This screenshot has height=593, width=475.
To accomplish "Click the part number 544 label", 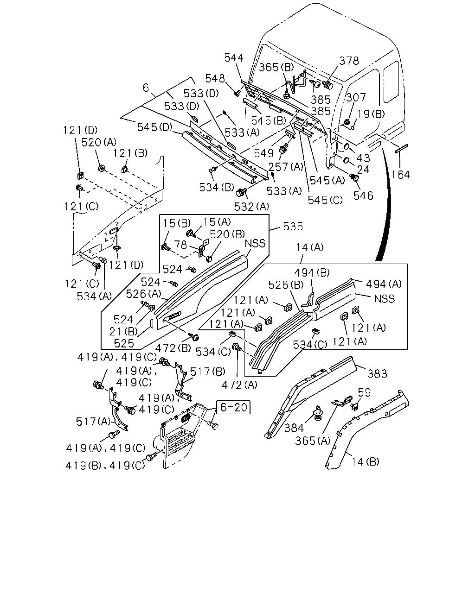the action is pos(234,58).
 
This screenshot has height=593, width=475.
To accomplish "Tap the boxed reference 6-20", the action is pos(233,407).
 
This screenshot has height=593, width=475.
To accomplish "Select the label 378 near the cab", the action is pos(349,61).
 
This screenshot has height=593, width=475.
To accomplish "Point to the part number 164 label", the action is pos(401,175).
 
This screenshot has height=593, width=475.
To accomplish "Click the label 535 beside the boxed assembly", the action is pos(293,226).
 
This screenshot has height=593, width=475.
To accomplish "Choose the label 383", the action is pos(377,374).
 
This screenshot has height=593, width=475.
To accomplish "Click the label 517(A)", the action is pos(93,421).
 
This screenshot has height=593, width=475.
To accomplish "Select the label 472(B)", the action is pos(173,348).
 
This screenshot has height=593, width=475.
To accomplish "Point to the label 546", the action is pos(363,196).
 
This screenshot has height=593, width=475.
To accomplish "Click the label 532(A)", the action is pos(251,207).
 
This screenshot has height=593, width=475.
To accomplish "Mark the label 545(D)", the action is pos(154,127).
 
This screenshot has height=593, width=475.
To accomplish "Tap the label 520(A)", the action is pos(99,143).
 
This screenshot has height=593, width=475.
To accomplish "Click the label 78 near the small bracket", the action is pos(180,245).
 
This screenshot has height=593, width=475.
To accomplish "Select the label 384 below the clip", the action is pos(294,428).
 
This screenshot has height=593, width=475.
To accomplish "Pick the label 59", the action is pos(364,392).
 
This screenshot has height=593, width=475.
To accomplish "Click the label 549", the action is pos(263,153).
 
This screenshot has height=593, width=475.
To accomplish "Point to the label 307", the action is pos(356,97).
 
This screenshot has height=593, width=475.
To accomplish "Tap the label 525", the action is pos(124,343).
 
